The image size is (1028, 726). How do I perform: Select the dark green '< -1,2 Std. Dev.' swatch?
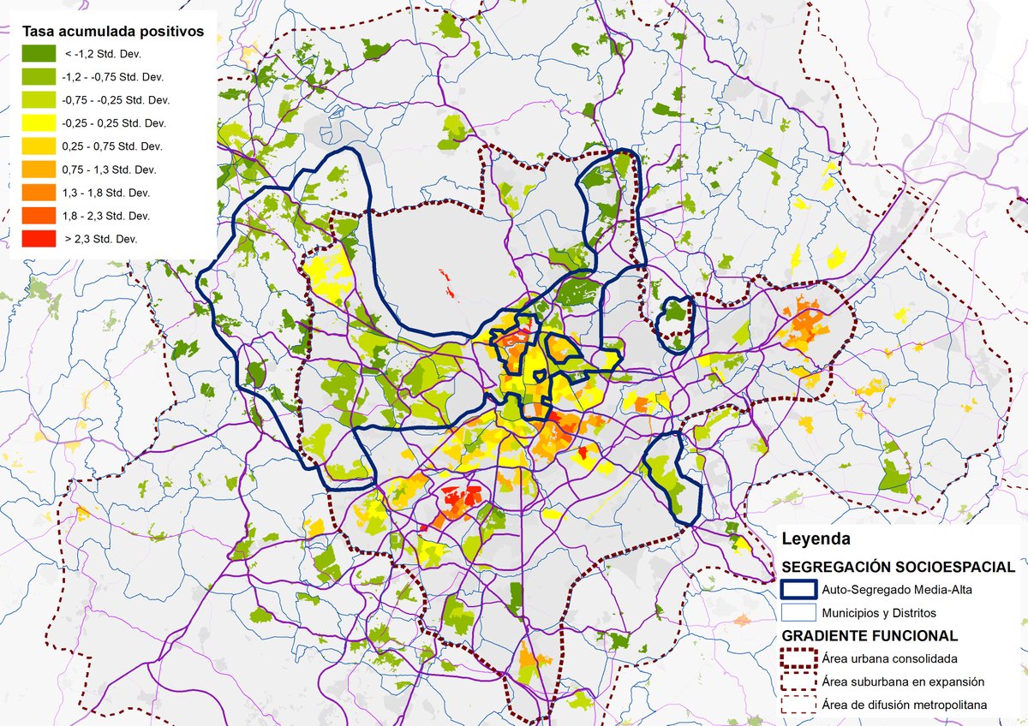[x=38, y=53]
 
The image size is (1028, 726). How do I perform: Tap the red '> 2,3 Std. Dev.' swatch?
[x=38, y=238]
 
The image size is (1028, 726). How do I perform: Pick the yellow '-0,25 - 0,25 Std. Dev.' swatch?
[x=38, y=122]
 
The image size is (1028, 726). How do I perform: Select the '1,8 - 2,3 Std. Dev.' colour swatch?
[x=38, y=215]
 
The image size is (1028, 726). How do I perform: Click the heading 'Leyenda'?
[x=816, y=539]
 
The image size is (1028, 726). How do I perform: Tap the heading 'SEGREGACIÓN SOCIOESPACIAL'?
[x=899, y=568]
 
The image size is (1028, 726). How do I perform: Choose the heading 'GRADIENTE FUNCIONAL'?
[x=870, y=636]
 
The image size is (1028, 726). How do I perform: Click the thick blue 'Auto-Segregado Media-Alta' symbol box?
[x=798, y=590]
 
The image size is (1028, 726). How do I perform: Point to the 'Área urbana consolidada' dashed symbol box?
[x=798, y=659]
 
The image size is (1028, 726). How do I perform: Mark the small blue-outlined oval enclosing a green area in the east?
[x=674, y=324]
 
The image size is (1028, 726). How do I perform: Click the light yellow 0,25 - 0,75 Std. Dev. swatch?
[x=38, y=146]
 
